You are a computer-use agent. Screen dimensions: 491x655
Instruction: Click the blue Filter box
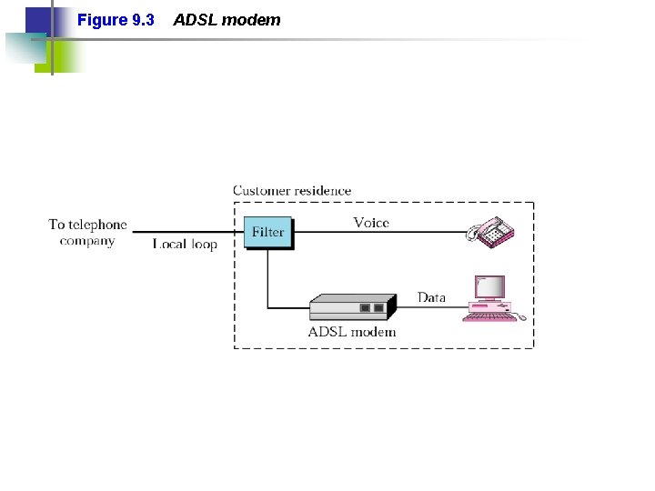pos(267,232)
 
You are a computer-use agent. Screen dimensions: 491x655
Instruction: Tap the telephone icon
pos(490,231)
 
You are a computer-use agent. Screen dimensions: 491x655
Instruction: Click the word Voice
pos(371,223)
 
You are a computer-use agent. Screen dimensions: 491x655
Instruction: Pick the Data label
pos(431,297)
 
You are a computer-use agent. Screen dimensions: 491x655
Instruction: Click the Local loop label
pos(185,245)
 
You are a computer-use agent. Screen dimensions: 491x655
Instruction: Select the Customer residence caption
pos(292,191)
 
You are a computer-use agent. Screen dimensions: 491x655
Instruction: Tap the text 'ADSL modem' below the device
pos(352,332)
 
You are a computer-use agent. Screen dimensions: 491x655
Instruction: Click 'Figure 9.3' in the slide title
pos(116,20)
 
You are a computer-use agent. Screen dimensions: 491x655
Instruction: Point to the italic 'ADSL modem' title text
pos(227,20)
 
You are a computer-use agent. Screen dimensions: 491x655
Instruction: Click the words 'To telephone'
pos(87,225)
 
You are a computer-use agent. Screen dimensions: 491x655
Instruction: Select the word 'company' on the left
pos(87,241)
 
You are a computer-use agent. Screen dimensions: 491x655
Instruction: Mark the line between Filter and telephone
pos(382,233)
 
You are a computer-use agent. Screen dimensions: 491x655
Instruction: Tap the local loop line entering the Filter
pos(186,233)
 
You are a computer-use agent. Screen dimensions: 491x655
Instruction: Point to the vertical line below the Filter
pos(267,277)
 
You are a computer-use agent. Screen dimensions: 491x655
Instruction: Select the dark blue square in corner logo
pos(37,20)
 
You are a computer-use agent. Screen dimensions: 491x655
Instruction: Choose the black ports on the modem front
pos(371,308)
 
